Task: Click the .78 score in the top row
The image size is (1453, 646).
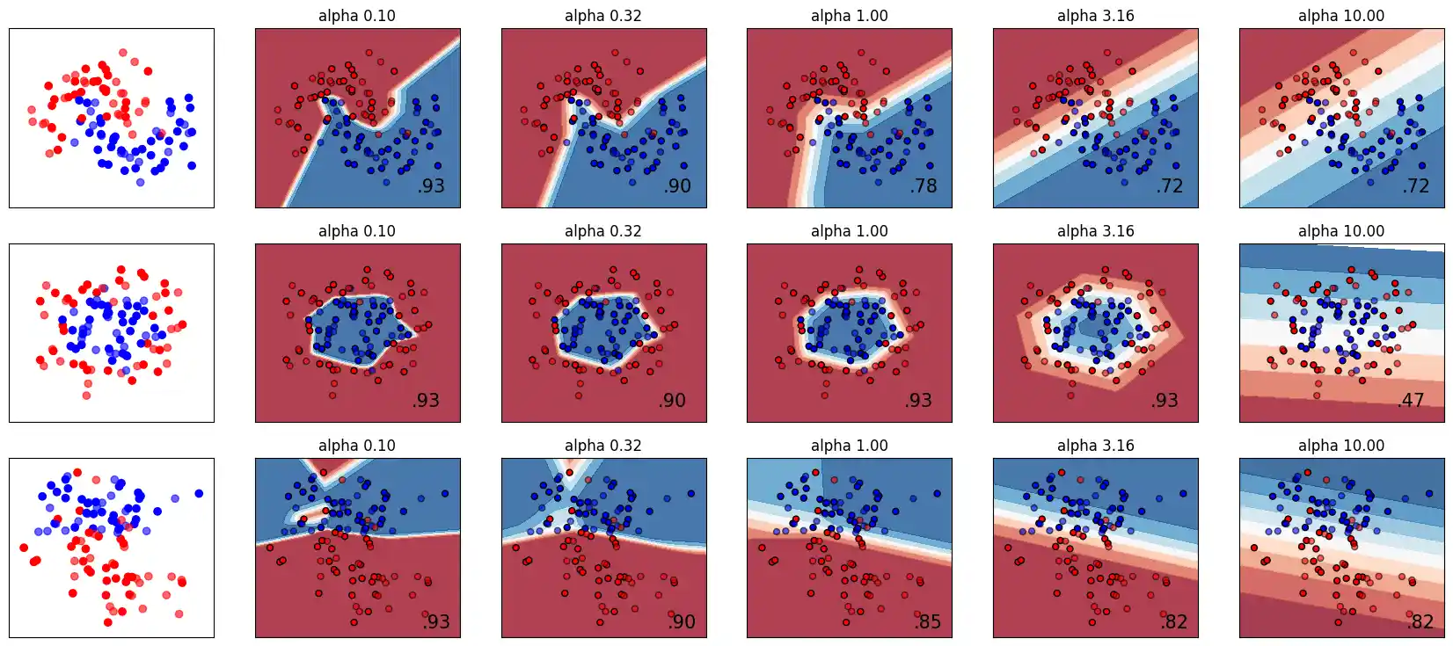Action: point(924,185)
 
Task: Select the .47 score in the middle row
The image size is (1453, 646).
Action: point(1411,400)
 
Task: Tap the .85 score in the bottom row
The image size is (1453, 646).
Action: point(927,621)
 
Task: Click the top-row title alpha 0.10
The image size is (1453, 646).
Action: point(357,16)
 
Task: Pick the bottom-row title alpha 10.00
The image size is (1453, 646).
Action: point(1341,446)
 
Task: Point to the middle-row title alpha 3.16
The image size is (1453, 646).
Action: point(1095,231)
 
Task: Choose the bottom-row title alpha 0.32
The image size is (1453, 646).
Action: point(602,446)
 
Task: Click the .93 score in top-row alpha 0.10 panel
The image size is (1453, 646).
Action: point(431,185)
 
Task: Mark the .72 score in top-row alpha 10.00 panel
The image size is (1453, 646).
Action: point(1416,185)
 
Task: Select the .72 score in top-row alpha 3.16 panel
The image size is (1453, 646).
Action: point(1170,185)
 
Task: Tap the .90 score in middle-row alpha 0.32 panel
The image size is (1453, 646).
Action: point(672,400)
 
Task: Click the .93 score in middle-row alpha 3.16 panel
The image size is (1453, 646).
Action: point(1165,400)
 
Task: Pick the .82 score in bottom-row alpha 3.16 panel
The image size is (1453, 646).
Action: point(1173,621)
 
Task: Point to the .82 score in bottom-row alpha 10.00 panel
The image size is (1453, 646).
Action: point(1420,621)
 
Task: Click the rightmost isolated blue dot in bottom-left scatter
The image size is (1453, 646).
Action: point(199,493)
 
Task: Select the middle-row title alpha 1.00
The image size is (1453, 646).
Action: point(849,231)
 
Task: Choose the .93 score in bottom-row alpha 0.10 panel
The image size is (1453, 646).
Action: point(435,621)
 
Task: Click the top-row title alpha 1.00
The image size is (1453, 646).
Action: point(849,16)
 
